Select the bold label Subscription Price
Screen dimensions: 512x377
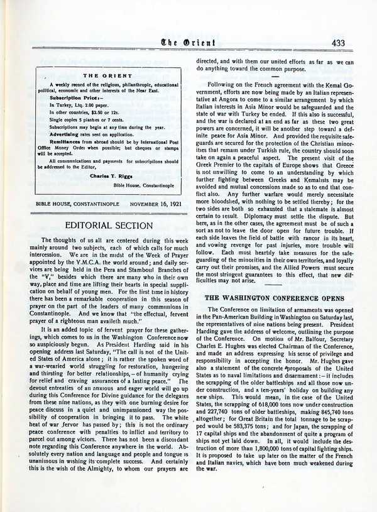70,99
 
